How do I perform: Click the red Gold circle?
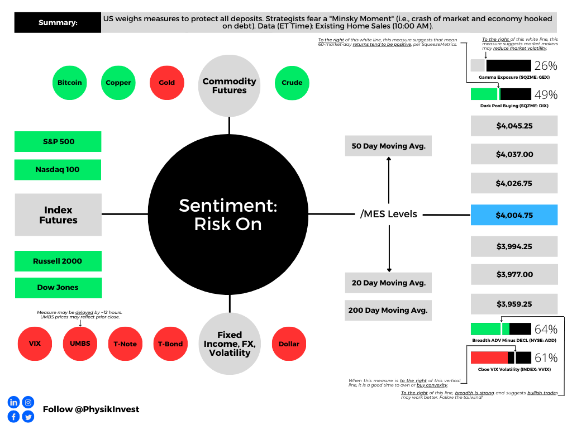tap(166, 83)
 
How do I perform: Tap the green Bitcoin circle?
tap(70, 83)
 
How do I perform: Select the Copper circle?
tap(118, 83)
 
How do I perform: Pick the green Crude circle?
tap(292, 83)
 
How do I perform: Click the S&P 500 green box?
tap(58, 141)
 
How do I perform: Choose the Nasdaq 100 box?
tap(58, 170)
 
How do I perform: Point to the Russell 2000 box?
tap(58, 261)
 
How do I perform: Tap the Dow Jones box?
tap(58, 288)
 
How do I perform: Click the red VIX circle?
tap(35, 344)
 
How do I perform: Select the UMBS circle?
tap(80, 344)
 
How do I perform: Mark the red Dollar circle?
tap(289, 344)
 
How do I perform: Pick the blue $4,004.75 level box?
tap(514, 215)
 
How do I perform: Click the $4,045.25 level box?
tap(514, 126)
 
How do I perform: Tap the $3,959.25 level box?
tap(514, 304)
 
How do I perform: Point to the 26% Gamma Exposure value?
tap(546, 65)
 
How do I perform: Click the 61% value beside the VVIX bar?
tap(546, 358)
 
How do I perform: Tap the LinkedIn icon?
tap(13, 402)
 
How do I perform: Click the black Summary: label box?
tap(58, 23)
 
